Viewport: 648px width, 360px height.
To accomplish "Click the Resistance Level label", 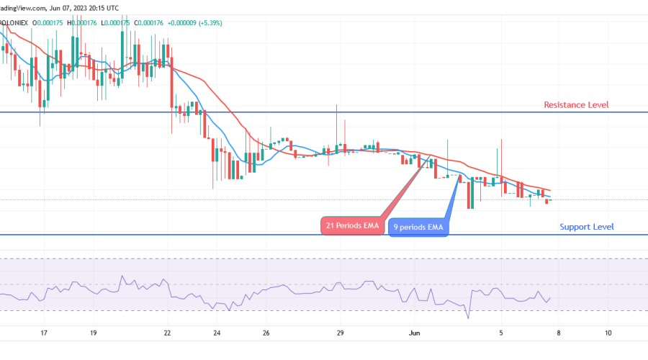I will click(x=576, y=105).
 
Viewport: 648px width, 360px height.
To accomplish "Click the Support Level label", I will click(x=587, y=227).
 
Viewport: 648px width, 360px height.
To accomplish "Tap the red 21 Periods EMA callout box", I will click(x=352, y=225).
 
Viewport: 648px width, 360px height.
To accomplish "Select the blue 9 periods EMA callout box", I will click(x=418, y=228).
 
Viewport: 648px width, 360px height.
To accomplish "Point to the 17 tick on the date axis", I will click(x=44, y=333).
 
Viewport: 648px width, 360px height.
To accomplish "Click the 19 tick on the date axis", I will click(x=93, y=333).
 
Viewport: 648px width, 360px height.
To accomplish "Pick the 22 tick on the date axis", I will click(x=167, y=333).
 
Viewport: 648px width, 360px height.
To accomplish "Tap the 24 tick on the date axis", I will click(x=216, y=333).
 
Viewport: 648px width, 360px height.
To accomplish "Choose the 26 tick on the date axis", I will click(x=266, y=333).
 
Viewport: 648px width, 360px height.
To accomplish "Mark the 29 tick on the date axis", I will click(x=340, y=333).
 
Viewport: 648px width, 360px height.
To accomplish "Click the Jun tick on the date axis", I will click(x=414, y=333).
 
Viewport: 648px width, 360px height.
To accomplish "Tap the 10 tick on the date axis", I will click(x=608, y=333).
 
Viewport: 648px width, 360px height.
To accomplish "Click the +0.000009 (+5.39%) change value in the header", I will click(x=196, y=22).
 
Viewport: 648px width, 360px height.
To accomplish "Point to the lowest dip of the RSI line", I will click(x=468, y=318).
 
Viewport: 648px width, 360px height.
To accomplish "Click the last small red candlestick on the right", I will click(x=547, y=201).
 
